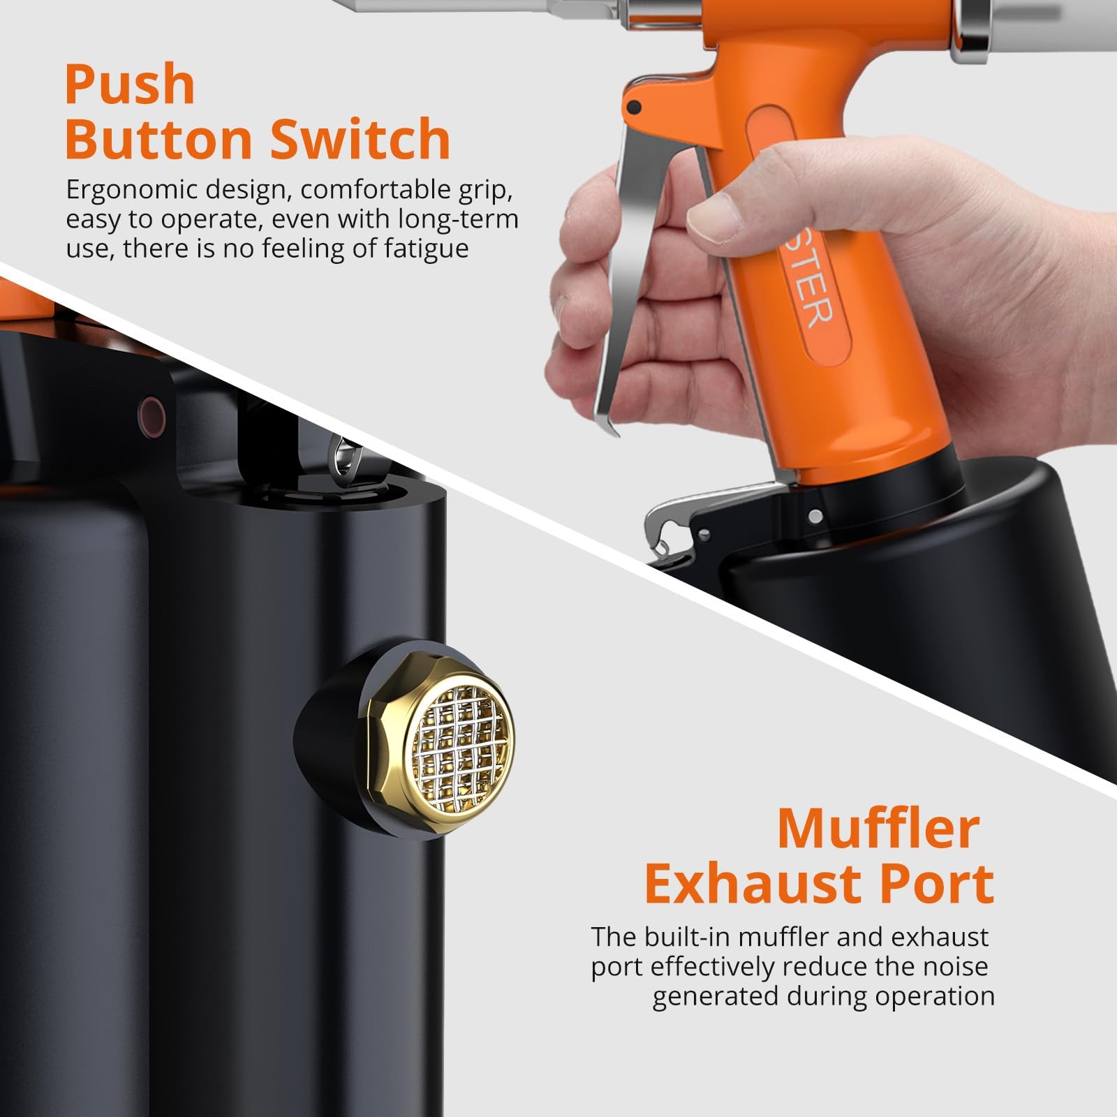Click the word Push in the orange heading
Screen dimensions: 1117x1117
[129, 85]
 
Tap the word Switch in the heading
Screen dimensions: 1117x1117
[360, 139]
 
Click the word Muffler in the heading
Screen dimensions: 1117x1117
[878, 829]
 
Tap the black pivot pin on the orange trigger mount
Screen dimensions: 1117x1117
[634, 108]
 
